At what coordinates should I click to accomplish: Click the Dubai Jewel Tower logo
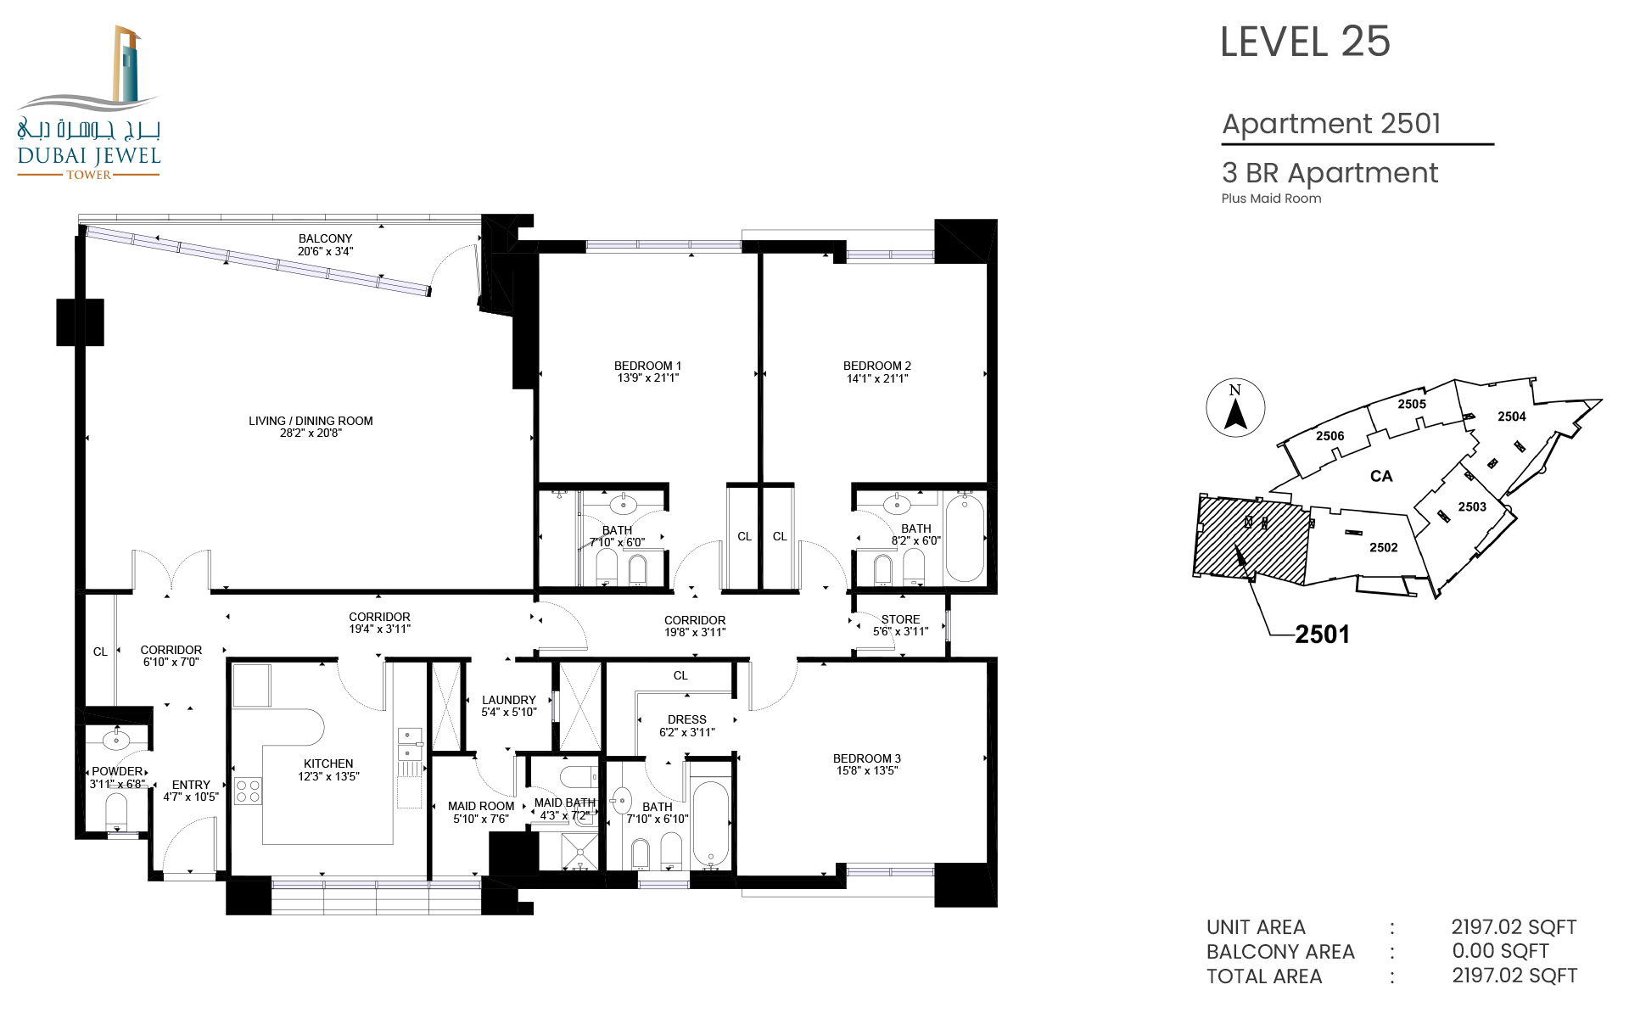[89, 103]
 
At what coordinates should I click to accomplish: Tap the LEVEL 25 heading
[1305, 42]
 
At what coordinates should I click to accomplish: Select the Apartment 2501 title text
[1331, 124]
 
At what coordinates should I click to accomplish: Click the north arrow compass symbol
[1235, 408]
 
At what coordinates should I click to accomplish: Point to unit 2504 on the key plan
[1511, 417]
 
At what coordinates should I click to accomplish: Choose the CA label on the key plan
[1381, 476]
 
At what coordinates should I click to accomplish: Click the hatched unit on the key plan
[1251, 540]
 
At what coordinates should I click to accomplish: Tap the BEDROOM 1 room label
[647, 366]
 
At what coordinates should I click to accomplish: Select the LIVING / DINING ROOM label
[311, 421]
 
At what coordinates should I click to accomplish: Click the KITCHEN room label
[328, 763]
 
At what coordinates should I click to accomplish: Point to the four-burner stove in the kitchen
[248, 791]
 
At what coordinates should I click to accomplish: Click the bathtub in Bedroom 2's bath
[965, 538]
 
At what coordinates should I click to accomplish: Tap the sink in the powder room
[116, 740]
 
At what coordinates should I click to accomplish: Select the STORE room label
[900, 619]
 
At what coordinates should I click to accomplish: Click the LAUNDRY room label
[509, 700]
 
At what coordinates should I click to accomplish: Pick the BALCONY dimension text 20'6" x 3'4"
[325, 251]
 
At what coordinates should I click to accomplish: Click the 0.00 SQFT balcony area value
[1500, 951]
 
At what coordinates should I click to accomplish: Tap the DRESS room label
[687, 719]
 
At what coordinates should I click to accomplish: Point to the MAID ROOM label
[481, 806]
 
